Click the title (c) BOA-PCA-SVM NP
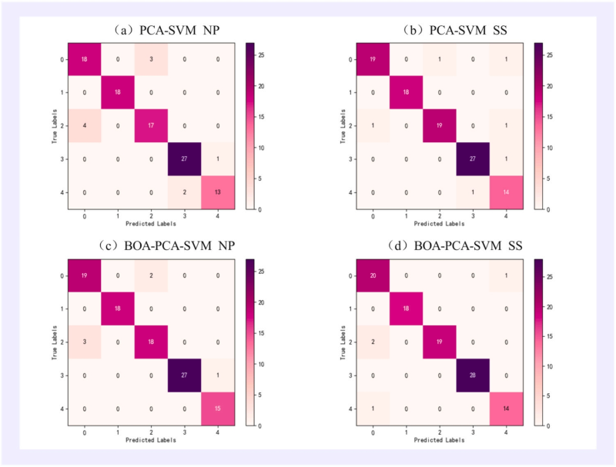[x=166, y=249]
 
